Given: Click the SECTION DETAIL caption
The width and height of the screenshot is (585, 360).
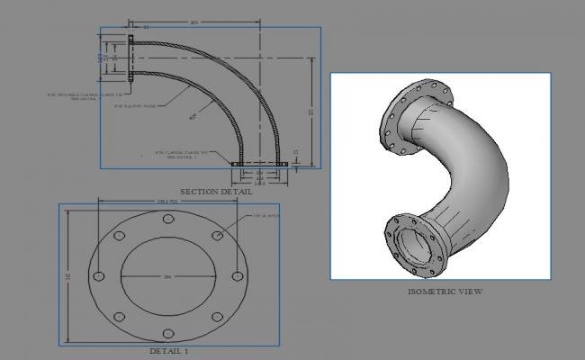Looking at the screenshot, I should [x=216, y=192].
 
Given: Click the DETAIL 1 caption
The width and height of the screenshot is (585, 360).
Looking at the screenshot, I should [x=169, y=350].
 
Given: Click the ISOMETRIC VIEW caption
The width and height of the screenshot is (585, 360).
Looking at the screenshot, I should [x=445, y=292].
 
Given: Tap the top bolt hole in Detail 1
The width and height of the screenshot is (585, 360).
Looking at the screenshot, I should [x=168, y=220].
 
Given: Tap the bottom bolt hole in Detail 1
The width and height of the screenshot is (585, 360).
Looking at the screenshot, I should [x=168, y=330].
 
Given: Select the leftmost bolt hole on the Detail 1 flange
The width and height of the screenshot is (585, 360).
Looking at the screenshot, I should [x=99, y=275].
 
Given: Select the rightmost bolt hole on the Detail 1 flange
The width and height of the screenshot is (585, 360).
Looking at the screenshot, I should [x=238, y=275].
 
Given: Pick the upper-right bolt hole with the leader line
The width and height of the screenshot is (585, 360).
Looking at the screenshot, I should [x=217, y=236].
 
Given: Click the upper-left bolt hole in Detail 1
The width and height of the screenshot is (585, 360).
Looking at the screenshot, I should [x=120, y=236].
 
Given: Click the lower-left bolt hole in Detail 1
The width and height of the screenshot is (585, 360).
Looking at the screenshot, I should [x=120, y=315].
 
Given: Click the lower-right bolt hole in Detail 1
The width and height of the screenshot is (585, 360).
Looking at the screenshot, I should [x=217, y=315].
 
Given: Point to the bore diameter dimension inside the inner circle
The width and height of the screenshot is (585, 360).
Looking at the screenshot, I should [x=168, y=275].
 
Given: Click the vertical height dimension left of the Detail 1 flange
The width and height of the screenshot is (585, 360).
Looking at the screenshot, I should [x=68, y=275].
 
